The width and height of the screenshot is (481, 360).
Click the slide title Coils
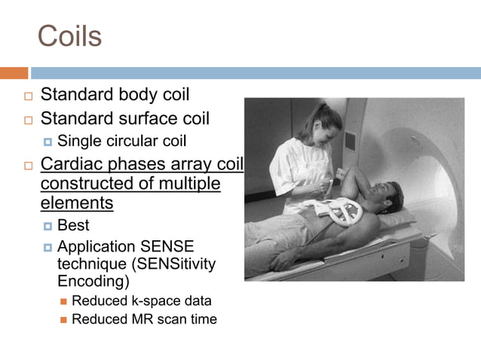tap(69, 35)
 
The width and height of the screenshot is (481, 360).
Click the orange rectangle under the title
tap(14, 73)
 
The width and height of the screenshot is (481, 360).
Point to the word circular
tap(130, 140)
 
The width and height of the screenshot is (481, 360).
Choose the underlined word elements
tap(76, 203)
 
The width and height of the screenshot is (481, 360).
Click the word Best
tap(73, 225)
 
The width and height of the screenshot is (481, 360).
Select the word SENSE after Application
tap(170, 246)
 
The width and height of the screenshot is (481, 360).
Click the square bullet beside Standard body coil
tap(29, 96)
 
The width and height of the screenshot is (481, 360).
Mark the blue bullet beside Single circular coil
tap(47, 141)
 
